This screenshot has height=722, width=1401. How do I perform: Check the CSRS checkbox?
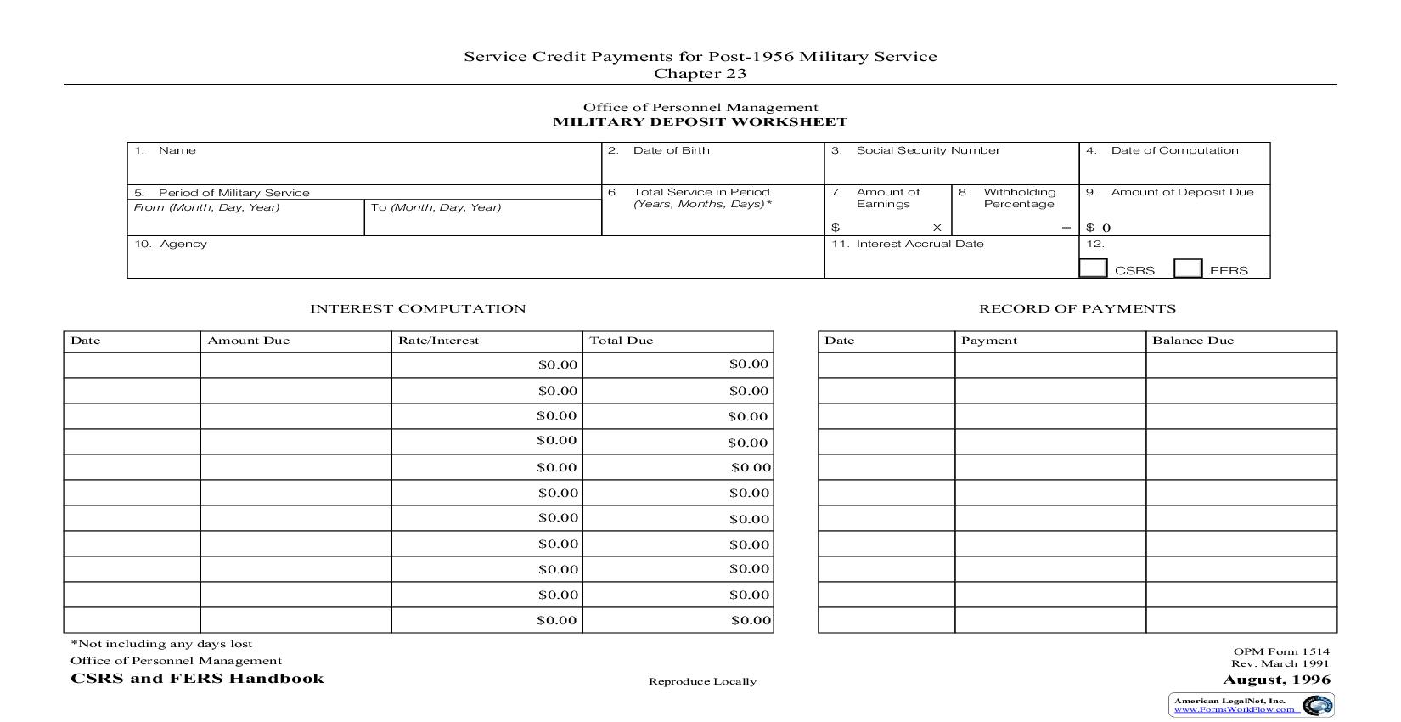tap(1093, 268)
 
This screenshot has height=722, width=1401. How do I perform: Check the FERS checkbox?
tap(1188, 268)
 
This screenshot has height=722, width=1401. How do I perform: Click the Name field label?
tap(177, 150)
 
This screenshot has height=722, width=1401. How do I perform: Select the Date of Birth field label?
tap(671, 150)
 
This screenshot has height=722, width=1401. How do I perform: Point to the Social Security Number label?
tap(927, 150)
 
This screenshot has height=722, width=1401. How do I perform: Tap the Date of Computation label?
tap(1174, 150)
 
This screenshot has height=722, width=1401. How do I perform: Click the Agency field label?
tap(183, 244)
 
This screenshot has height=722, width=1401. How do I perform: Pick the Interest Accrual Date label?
tap(920, 244)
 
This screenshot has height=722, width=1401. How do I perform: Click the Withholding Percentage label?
tap(1019, 198)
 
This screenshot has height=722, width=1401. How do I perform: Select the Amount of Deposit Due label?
tap(1182, 192)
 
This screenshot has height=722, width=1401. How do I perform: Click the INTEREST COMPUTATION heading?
tap(418, 309)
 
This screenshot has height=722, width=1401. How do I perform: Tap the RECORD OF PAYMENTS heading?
tap(1077, 309)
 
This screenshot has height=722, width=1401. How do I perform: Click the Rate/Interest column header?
tap(438, 341)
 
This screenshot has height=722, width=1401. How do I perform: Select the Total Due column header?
tap(621, 341)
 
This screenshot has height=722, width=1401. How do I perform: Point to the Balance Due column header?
tap(1192, 341)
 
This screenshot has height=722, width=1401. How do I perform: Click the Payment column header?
tap(988, 341)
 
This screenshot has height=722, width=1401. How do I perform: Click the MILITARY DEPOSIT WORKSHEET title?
tap(700, 121)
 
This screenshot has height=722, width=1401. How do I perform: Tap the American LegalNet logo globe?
tap(1317, 705)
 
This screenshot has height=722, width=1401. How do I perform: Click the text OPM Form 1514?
tap(1281, 651)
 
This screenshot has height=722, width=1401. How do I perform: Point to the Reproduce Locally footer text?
tap(702, 681)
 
